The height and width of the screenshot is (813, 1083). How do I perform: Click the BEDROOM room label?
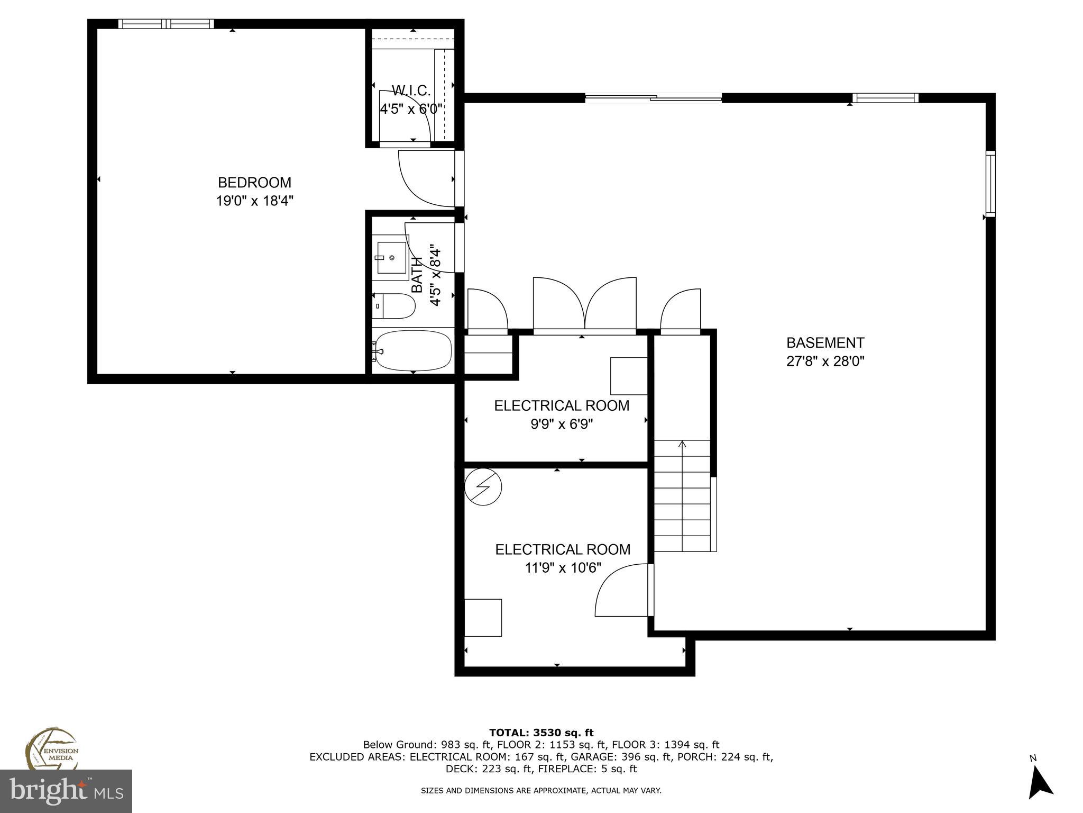[x=254, y=183]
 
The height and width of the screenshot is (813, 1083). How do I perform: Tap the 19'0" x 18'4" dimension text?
[x=254, y=201]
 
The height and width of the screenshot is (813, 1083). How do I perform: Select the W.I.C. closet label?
[x=411, y=90]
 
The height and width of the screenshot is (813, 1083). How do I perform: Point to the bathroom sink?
[x=391, y=257]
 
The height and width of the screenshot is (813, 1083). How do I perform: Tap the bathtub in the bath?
[x=413, y=350]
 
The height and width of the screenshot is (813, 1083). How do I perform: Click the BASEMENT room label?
[x=825, y=342]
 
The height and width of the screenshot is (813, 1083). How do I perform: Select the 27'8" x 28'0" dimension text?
[x=825, y=362]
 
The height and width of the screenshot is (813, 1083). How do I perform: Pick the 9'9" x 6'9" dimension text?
[x=562, y=424]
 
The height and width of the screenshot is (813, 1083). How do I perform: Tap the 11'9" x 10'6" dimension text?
[x=563, y=568]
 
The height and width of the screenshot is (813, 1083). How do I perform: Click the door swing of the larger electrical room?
[x=621, y=592]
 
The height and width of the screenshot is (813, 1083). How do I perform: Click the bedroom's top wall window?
[x=166, y=23]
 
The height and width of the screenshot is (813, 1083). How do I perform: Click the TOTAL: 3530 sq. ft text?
[x=541, y=733]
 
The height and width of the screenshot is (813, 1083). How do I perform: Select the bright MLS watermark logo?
[x=66, y=791]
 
